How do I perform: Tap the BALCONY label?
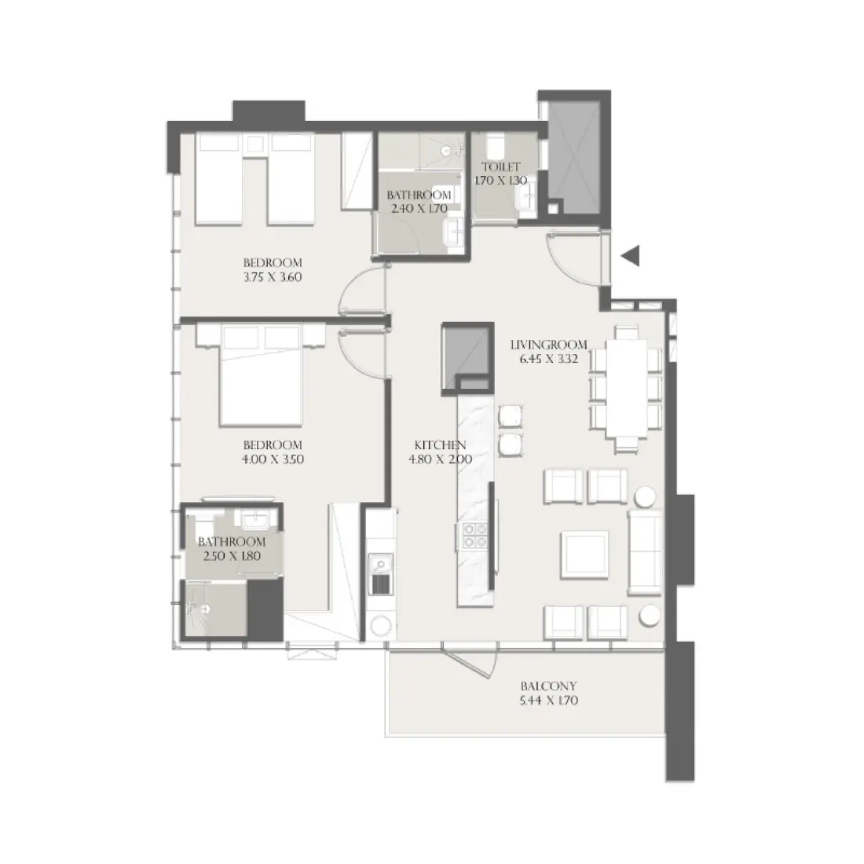pyautogui.click(x=542, y=685)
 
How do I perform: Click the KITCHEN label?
pyautogui.click(x=441, y=445)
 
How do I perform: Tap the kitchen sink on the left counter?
pyautogui.click(x=379, y=564)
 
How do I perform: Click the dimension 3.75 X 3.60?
pyautogui.click(x=273, y=276)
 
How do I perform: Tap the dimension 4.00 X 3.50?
pyautogui.click(x=273, y=459)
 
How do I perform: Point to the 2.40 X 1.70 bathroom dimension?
pyautogui.click(x=419, y=209)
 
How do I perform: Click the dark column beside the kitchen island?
pyautogui.click(x=466, y=355)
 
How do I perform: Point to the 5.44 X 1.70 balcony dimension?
pyautogui.click(x=542, y=701)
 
